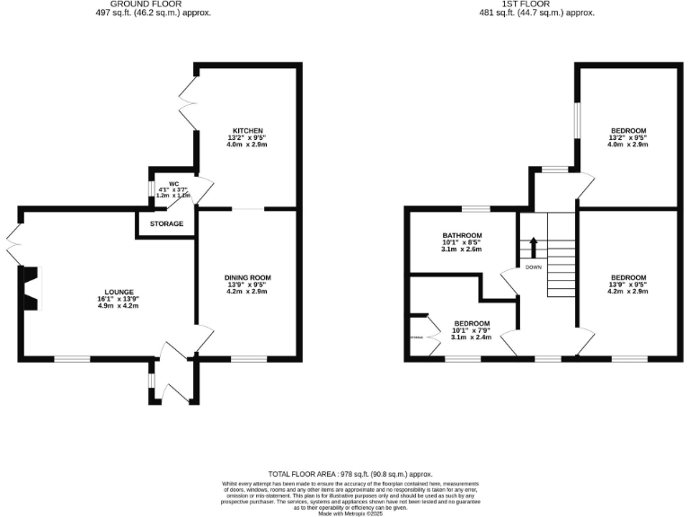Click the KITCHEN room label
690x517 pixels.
point(246,129)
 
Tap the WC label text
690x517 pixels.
point(174,184)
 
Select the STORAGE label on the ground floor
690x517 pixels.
point(167,223)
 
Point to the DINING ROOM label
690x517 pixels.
point(247,277)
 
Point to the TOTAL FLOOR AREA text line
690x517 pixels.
point(350,474)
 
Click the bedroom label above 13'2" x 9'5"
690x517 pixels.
point(627,129)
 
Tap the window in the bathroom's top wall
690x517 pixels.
point(475,209)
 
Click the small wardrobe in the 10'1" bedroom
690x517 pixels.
point(418,337)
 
